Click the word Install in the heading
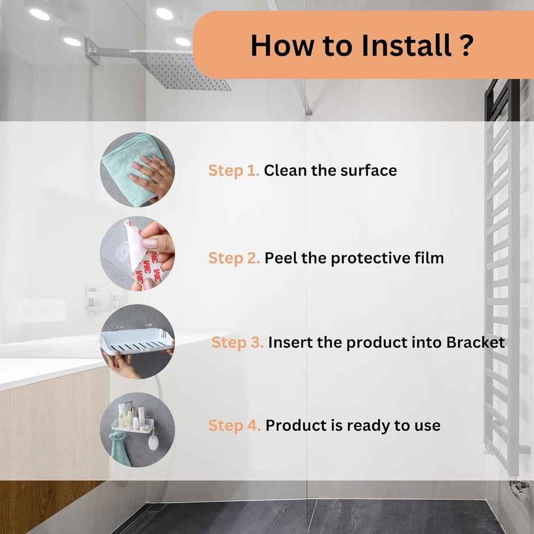click(x=407, y=45)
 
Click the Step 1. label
click(x=233, y=171)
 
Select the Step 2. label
click(x=234, y=258)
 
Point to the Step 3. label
click(x=237, y=343)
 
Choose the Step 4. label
click(x=234, y=426)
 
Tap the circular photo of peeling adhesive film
click(x=137, y=253)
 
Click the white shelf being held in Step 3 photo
click(x=137, y=341)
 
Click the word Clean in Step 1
click(x=285, y=170)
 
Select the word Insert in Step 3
click(x=290, y=342)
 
